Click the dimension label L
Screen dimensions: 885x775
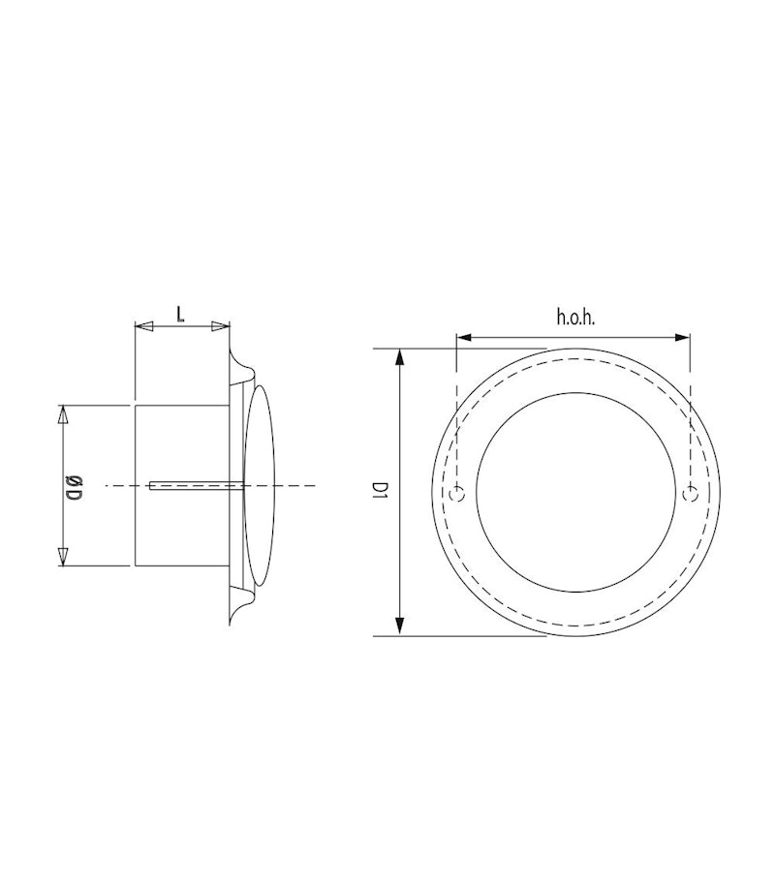[181, 312]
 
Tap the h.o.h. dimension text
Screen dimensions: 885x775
[574, 317]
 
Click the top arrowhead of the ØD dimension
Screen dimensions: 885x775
[64, 414]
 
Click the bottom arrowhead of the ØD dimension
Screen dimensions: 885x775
[64, 557]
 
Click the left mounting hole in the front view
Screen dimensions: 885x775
[458, 495]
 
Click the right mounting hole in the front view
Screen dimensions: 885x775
[689, 495]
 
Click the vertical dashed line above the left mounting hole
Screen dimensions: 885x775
[456, 416]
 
